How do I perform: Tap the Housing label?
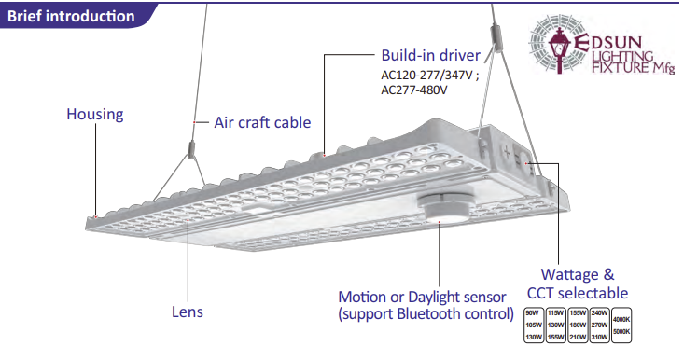(x=94, y=115)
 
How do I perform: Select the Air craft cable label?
(x=262, y=122)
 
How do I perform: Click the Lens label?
(x=187, y=312)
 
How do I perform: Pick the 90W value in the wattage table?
(x=533, y=313)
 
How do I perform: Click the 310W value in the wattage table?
(x=599, y=337)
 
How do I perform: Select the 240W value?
(x=599, y=313)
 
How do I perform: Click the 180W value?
(x=577, y=325)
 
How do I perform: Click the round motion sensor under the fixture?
(x=441, y=206)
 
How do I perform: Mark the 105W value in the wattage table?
(x=533, y=325)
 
